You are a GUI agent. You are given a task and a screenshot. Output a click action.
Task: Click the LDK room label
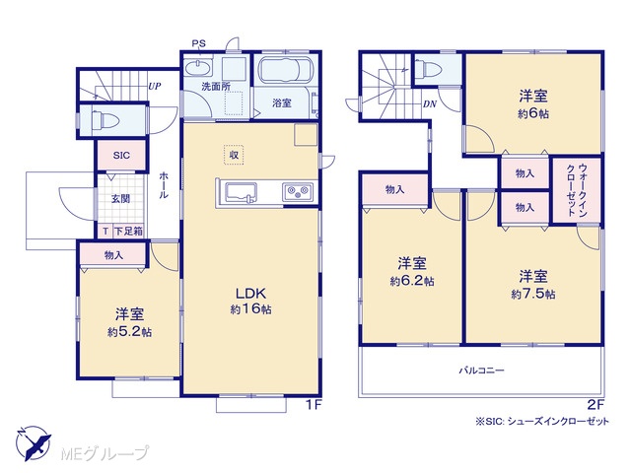click(250, 294)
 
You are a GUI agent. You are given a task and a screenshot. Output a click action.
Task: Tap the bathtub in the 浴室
click(286, 70)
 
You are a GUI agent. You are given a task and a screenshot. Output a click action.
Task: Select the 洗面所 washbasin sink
click(198, 67)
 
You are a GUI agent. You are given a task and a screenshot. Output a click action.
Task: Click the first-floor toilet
click(105, 119)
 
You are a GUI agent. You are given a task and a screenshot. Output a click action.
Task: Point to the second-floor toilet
click(427, 68)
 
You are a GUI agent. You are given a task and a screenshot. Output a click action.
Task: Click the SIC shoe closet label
click(121, 156)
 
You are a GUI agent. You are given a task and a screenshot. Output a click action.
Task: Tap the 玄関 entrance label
click(120, 198)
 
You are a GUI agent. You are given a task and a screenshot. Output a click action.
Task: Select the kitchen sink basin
click(241, 192)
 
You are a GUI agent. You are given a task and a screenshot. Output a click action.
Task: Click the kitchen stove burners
click(298, 192)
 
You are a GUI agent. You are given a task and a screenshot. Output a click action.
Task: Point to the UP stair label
click(154, 86)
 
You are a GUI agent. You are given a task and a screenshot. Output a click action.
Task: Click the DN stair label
click(430, 104)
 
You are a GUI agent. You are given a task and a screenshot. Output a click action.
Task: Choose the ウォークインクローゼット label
click(577, 190)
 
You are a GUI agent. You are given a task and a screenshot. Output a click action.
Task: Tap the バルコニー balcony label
click(482, 370)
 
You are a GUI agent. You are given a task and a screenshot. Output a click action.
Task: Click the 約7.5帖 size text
click(532, 294)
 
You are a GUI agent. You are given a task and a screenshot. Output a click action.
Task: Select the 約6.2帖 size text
click(412, 281)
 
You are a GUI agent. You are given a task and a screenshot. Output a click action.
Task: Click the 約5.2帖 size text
click(129, 332)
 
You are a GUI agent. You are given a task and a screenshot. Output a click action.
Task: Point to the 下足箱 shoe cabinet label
click(128, 232)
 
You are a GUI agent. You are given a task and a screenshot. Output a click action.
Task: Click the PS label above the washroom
click(198, 43)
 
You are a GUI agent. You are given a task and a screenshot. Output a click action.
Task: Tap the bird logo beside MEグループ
click(34, 443)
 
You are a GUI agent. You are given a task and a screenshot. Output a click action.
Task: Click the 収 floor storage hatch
click(234, 155)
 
